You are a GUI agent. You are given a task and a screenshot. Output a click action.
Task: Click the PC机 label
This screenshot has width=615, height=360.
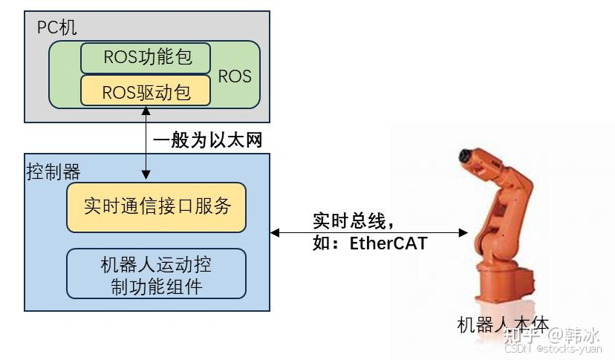56,28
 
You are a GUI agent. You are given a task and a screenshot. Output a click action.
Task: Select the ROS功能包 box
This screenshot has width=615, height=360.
146,58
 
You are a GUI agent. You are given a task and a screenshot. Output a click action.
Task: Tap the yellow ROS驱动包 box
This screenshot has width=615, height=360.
146,92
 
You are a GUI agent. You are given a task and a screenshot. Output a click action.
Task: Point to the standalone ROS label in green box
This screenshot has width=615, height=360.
235,76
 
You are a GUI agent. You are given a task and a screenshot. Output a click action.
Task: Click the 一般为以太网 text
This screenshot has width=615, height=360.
208,140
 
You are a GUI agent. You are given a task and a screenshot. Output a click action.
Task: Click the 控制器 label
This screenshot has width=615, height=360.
53,173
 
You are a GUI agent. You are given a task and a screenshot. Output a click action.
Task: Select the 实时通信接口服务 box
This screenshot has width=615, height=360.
156,206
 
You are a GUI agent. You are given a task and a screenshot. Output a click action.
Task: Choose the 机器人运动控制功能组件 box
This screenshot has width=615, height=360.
156,275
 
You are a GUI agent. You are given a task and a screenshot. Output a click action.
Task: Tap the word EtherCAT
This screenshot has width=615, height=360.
388,243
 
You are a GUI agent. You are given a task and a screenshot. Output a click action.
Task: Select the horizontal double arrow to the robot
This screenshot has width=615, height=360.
369,232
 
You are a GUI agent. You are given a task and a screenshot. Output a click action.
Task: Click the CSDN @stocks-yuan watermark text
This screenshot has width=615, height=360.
553,348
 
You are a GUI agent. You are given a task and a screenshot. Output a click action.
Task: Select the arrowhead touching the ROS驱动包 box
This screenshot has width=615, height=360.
146,111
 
